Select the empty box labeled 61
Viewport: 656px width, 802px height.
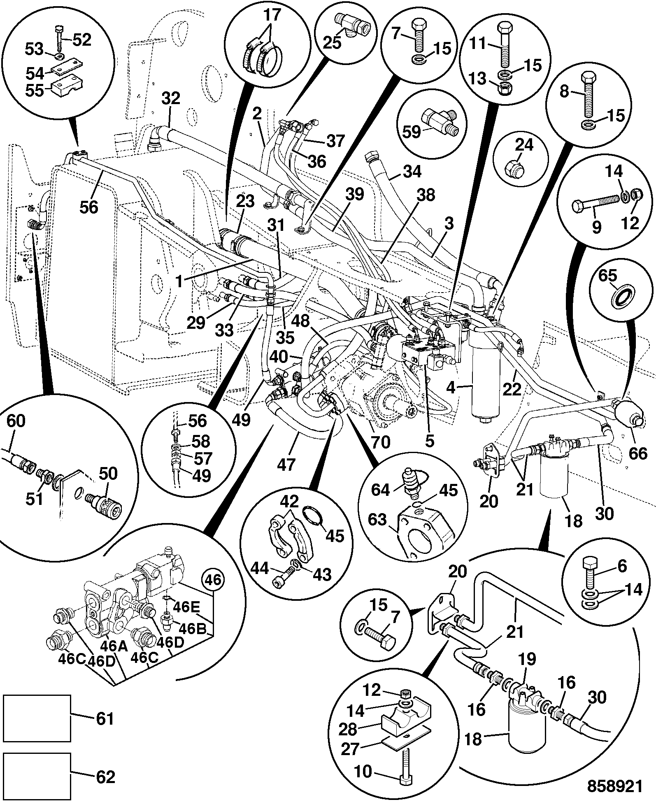pos(37,718)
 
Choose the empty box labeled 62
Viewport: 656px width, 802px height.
pos(37,776)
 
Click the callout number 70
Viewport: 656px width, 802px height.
pos(380,442)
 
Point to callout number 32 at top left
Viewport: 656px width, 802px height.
pos(171,99)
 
